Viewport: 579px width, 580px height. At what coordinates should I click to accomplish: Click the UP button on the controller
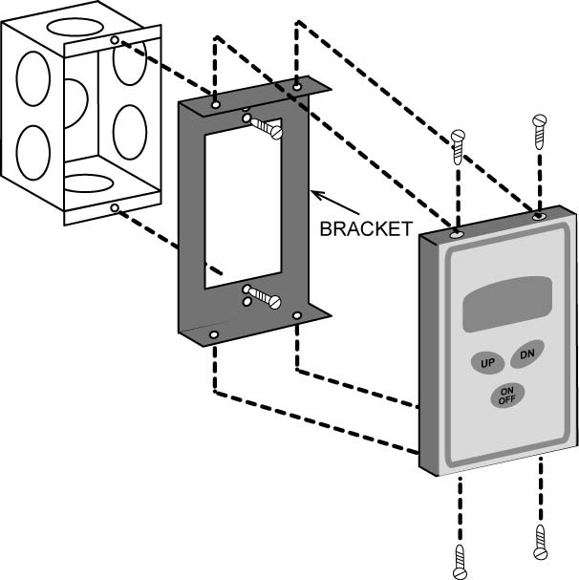click(x=487, y=363)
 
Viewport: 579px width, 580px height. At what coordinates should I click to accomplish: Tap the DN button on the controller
click(x=526, y=354)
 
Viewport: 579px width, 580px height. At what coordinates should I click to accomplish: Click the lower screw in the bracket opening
click(x=264, y=298)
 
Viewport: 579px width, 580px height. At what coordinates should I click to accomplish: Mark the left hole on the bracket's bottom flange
click(x=214, y=334)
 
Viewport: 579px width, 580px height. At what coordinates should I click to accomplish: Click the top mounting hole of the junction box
click(x=115, y=40)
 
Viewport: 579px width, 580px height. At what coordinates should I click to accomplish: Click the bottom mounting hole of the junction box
click(x=115, y=207)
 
